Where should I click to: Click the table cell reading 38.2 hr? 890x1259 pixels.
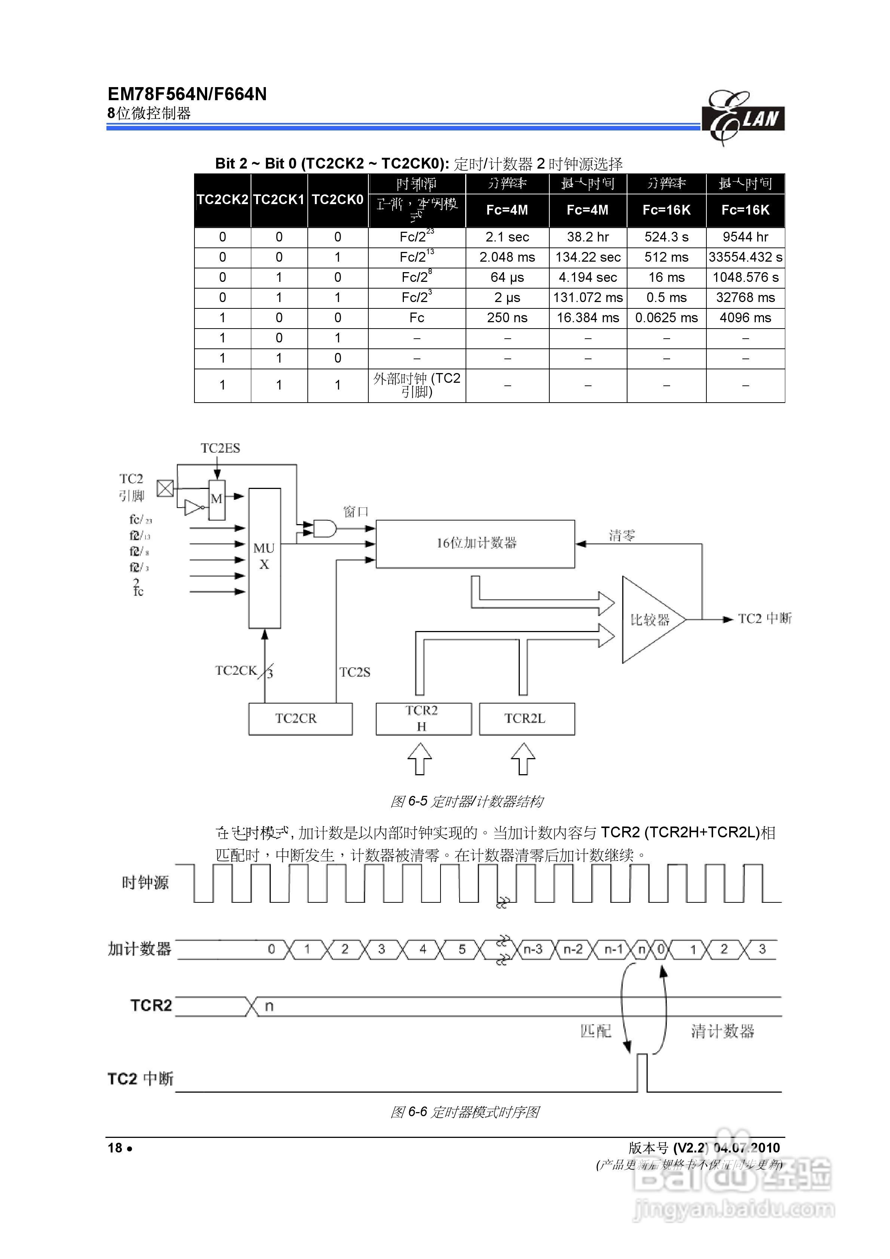coord(588,237)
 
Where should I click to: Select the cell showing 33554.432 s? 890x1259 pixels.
coord(745,257)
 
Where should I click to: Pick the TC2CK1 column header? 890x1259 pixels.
coord(279,200)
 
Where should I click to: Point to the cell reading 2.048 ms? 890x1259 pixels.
coord(507,257)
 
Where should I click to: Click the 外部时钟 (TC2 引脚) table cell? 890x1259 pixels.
coord(417,385)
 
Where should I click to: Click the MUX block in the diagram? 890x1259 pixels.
coord(264,557)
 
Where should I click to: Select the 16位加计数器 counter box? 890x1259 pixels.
coord(475,544)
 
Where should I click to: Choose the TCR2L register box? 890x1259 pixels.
coord(527,718)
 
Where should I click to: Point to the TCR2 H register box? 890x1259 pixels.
coord(423,718)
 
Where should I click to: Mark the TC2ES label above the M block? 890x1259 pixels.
coord(220,449)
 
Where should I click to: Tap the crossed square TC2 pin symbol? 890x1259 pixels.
coord(165,488)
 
